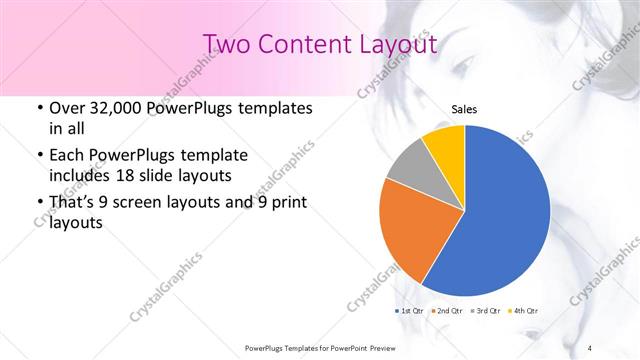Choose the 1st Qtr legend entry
412,311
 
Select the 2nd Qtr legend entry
448,311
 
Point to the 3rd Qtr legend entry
486,311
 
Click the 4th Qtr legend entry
523,311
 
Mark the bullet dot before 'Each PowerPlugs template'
38,156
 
